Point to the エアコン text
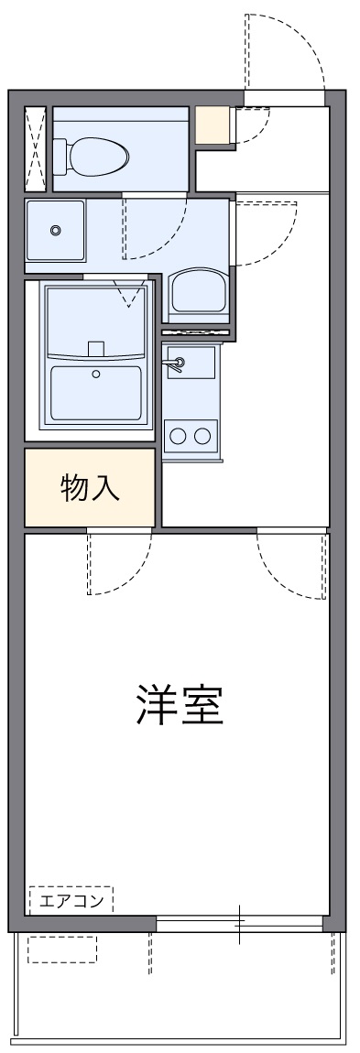click(x=71, y=900)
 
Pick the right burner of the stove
click(x=203, y=434)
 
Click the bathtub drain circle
click(x=95, y=374)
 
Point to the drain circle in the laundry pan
click(x=55, y=230)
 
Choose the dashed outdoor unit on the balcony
click(x=61, y=949)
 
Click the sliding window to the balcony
click(x=241, y=924)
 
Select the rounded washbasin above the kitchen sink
click(x=196, y=294)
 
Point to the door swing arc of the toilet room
click(x=156, y=229)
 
